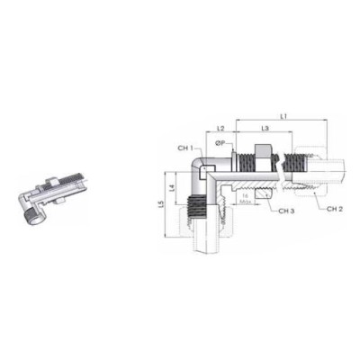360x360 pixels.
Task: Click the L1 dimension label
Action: [282, 115]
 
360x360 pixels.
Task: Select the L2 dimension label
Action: [221, 130]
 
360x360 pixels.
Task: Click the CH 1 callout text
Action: [184, 148]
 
